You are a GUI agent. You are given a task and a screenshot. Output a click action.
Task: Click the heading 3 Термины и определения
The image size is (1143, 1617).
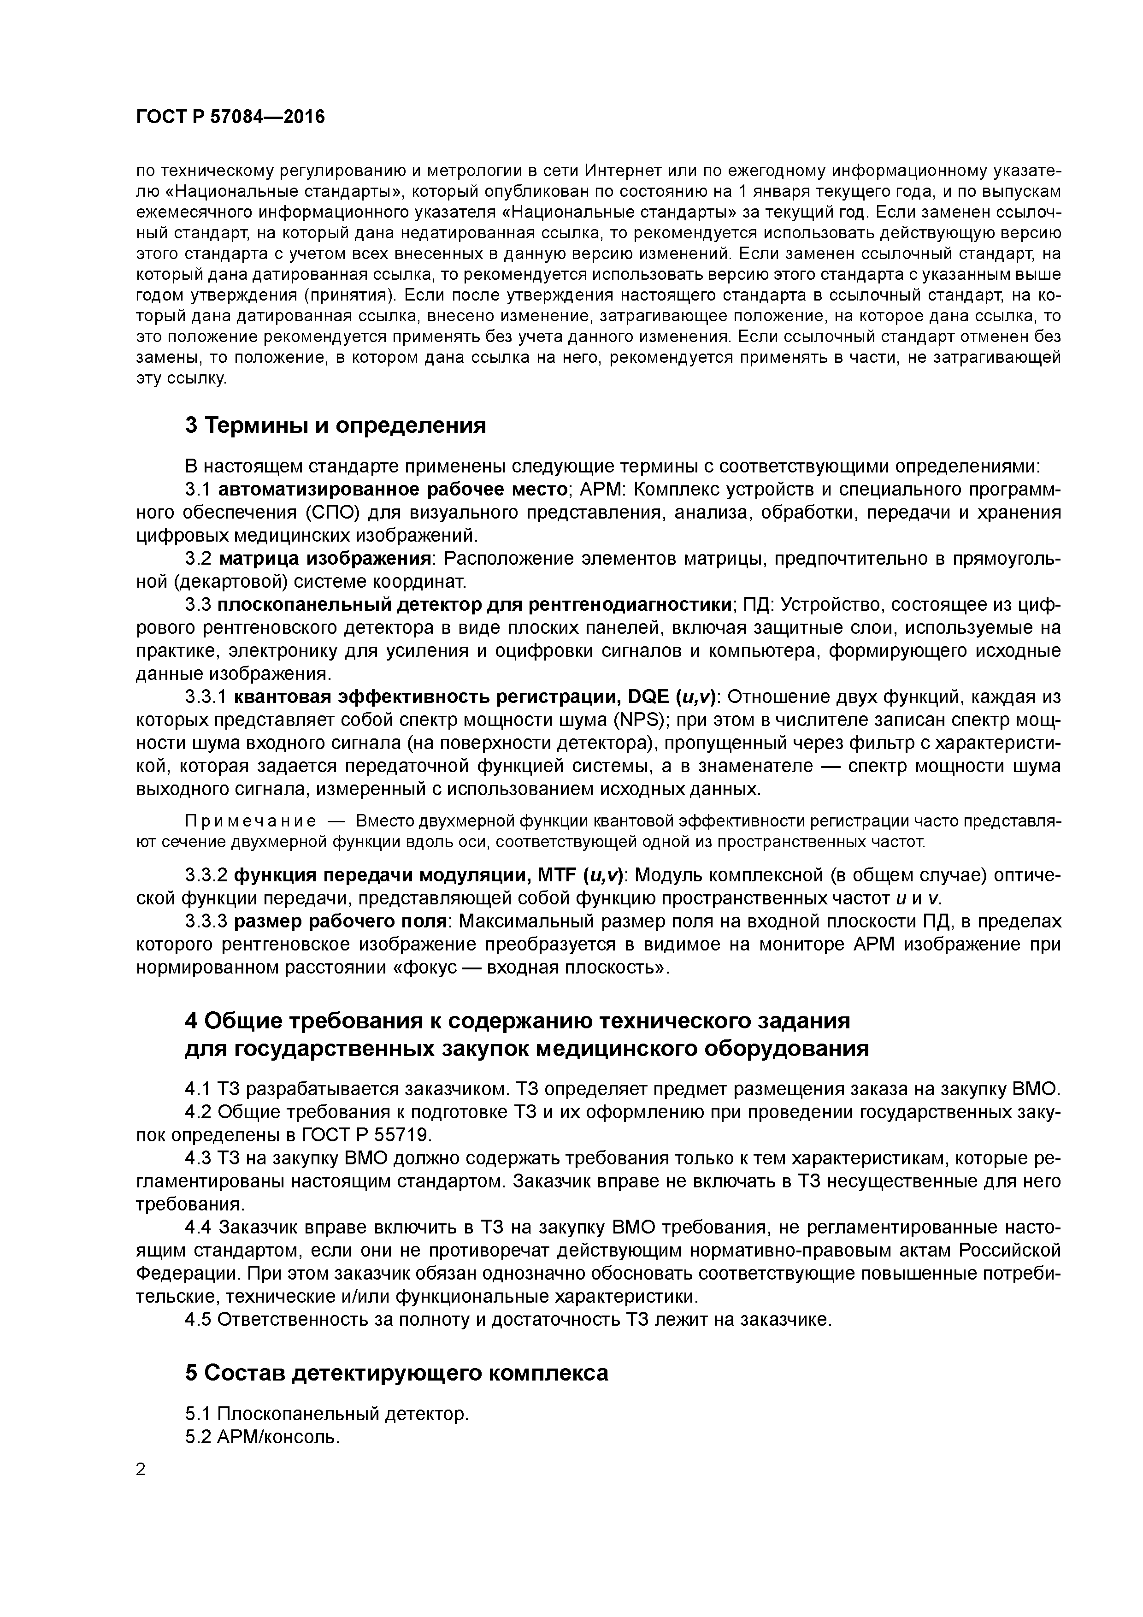tap(335, 425)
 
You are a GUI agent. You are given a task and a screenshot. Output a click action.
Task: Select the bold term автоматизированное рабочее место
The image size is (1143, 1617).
tap(392, 490)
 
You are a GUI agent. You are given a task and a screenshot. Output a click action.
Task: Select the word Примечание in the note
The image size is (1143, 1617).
tap(250, 821)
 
